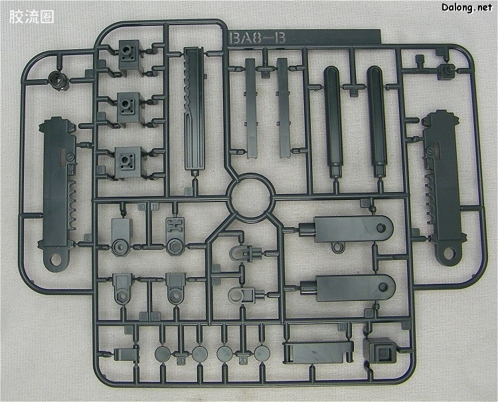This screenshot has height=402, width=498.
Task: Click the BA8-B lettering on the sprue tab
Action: pyautogui.click(x=257, y=38)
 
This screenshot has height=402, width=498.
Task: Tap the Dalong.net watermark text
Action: pyautogui.click(x=467, y=7)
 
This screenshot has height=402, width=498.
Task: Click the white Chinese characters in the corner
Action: pyautogui.click(x=31, y=17)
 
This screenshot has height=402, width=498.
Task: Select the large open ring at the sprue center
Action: pyautogui.click(x=250, y=197)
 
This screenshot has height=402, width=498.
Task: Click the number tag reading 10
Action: pyautogui.click(x=142, y=207)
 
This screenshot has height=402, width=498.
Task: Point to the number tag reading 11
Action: pyautogui.click(x=155, y=207)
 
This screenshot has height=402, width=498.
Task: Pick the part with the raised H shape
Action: pyautogui.click(x=175, y=236)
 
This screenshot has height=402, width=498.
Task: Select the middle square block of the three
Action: pyautogui.click(x=129, y=108)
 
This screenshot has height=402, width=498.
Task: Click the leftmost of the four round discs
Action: pyautogui.click(x=163, y=353)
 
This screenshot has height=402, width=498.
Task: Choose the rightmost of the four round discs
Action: pyautogui.click(x=262, y=353)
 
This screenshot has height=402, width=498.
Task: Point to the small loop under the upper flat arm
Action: pyautogui.click(x=338, y=247)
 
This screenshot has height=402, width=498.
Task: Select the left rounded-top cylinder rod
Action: pyautogui.click(x=333, y=121)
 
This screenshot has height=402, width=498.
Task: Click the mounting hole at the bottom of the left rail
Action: pyautogui.click(x=56, y=260)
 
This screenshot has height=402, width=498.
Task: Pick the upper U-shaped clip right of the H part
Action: pyautogui.click(x=245, y=253)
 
